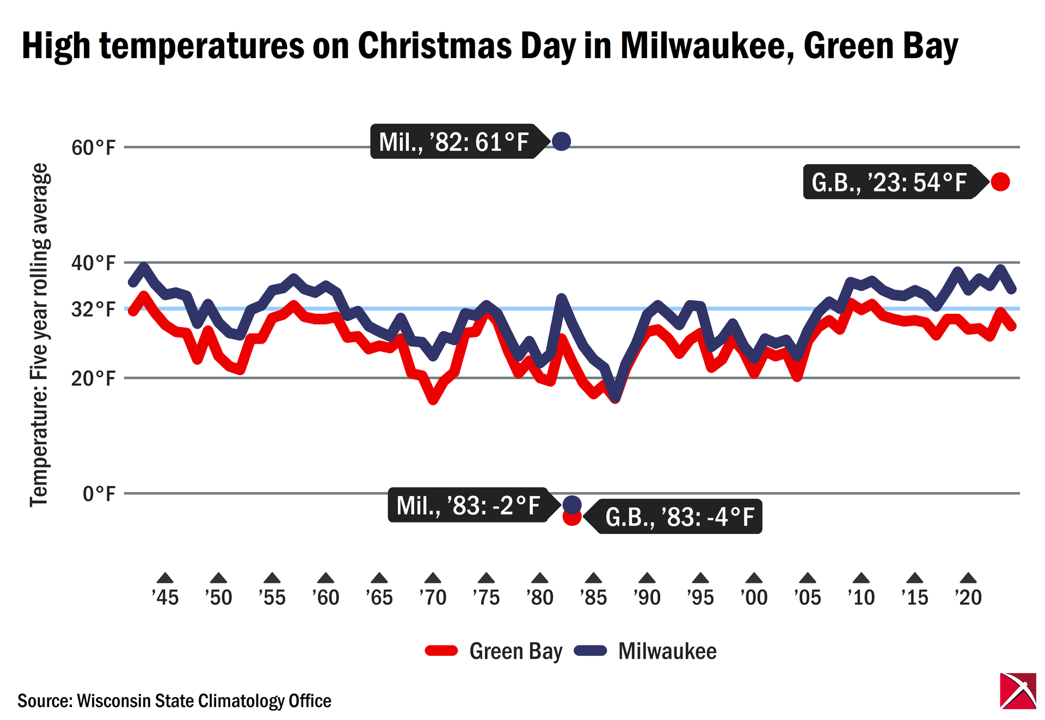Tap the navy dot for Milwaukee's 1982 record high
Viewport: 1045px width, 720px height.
pyautogui.click(x=561, y=141)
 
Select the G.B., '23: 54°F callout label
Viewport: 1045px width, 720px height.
pyautogui.click(x=889, y=182)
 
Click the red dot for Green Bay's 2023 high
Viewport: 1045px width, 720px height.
pyautogui.click(x=1000, y=182)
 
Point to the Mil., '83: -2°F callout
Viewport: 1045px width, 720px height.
pyautogui.click(x=468, y=505)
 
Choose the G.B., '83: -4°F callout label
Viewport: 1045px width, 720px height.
pyautogui.click(x=680, y=517)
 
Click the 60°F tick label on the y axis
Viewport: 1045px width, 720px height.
pyautogui.click(x=94, y=147)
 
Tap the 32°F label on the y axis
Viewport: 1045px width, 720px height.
pyautogui.click(x=94, y=309)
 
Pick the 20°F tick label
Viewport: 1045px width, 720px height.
pyautogui.click(x=94, y=378)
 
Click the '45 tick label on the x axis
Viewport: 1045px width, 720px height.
pyautogui.click(x=165, y=597)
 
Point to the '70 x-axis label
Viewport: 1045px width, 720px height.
pyautogui.click(x=433, y=597)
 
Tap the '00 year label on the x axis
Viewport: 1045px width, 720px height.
pyautogui.click(x=754, y=597)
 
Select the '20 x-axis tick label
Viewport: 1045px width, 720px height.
pyautogui.click(x=968, y=597)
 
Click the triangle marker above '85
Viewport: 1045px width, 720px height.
pyautogui.click(x=593, y=578)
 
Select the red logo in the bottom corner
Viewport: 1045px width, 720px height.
pyautogui.click(x=1018, y=691)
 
